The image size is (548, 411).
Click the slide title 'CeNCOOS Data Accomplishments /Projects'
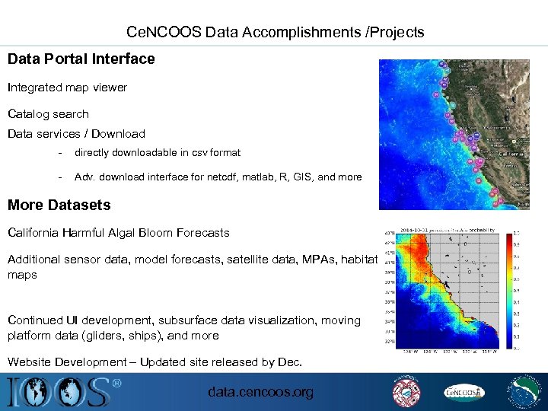click(275, 33)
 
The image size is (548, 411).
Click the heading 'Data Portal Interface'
click(81, 59)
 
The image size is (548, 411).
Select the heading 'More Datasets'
click(59, 205)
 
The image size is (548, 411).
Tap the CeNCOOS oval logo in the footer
click(464, 392)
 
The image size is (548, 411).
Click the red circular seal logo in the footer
click(406, 392)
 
